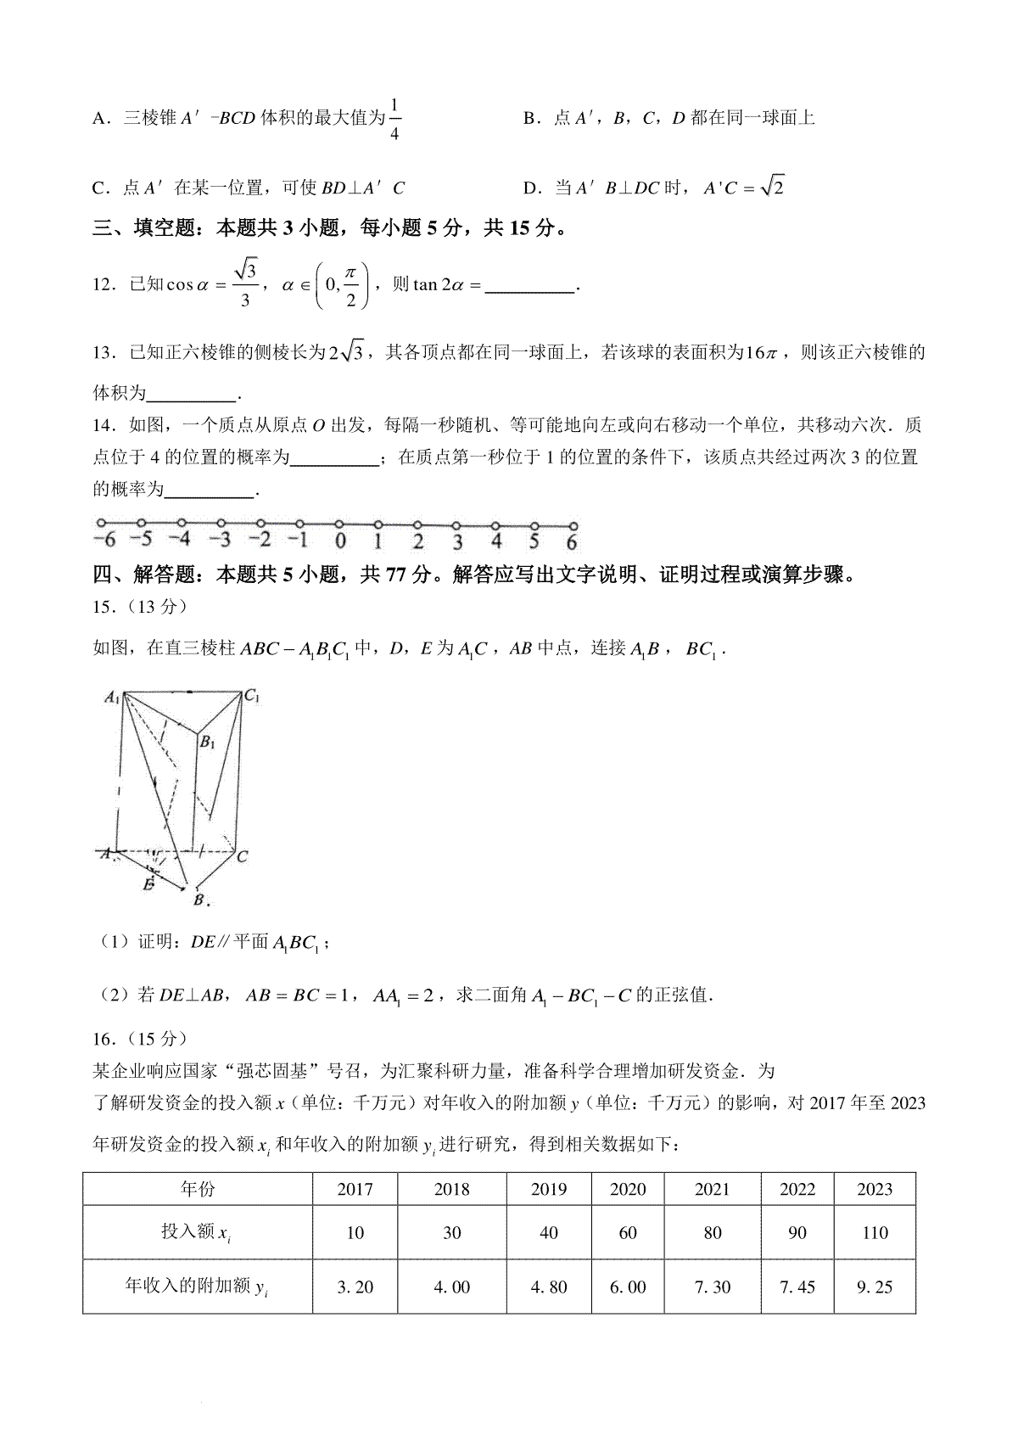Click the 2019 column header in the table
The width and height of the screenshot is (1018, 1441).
coord(548,1189)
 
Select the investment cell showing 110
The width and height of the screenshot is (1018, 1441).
coord(875,1232)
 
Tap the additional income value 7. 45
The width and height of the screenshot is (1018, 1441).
coord(797,1287)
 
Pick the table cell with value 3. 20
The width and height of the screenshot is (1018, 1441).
coord(355,1287)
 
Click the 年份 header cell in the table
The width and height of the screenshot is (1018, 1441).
coord(198,1189)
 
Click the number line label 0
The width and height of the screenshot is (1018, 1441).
coord(339,541)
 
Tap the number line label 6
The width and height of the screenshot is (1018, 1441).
coord(572,541)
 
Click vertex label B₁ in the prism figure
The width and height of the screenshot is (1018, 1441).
coord(207,743)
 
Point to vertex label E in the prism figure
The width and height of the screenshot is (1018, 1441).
coord(148,884)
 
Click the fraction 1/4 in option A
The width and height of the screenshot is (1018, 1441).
coord(395,118)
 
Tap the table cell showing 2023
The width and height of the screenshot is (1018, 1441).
coord(875,1189)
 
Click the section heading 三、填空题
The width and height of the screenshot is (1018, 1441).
coord(141,228)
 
